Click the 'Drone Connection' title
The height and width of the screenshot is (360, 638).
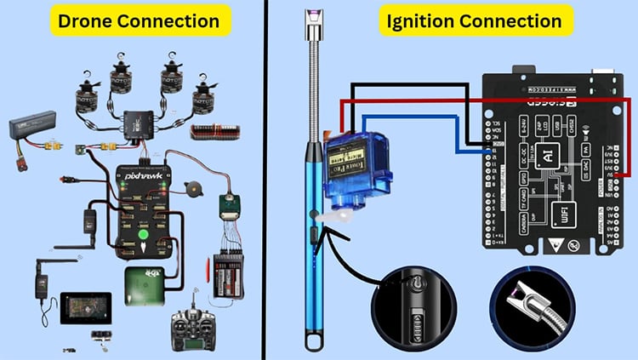click(138, 20)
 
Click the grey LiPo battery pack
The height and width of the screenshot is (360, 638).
click(32, 128)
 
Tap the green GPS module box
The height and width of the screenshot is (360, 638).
click(142, 283)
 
